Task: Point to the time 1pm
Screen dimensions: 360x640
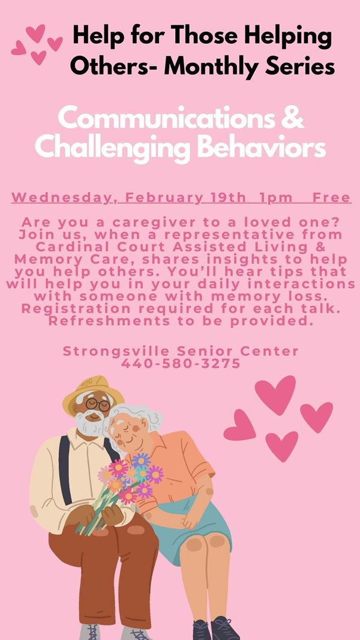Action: pyautogui.click(x=277, y=198)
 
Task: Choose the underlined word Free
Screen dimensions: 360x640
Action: pyautogui.click(x=331, y=198)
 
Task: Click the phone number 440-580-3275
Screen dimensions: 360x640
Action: pyautogui.click(x=181, y=363)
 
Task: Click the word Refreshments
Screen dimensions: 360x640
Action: pyautogui.click(x=109, y=321)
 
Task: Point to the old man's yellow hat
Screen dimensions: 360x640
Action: pyautogui.click(x=93, y=393)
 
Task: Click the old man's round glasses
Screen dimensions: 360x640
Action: pyautogui.click(x=98, y=405)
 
